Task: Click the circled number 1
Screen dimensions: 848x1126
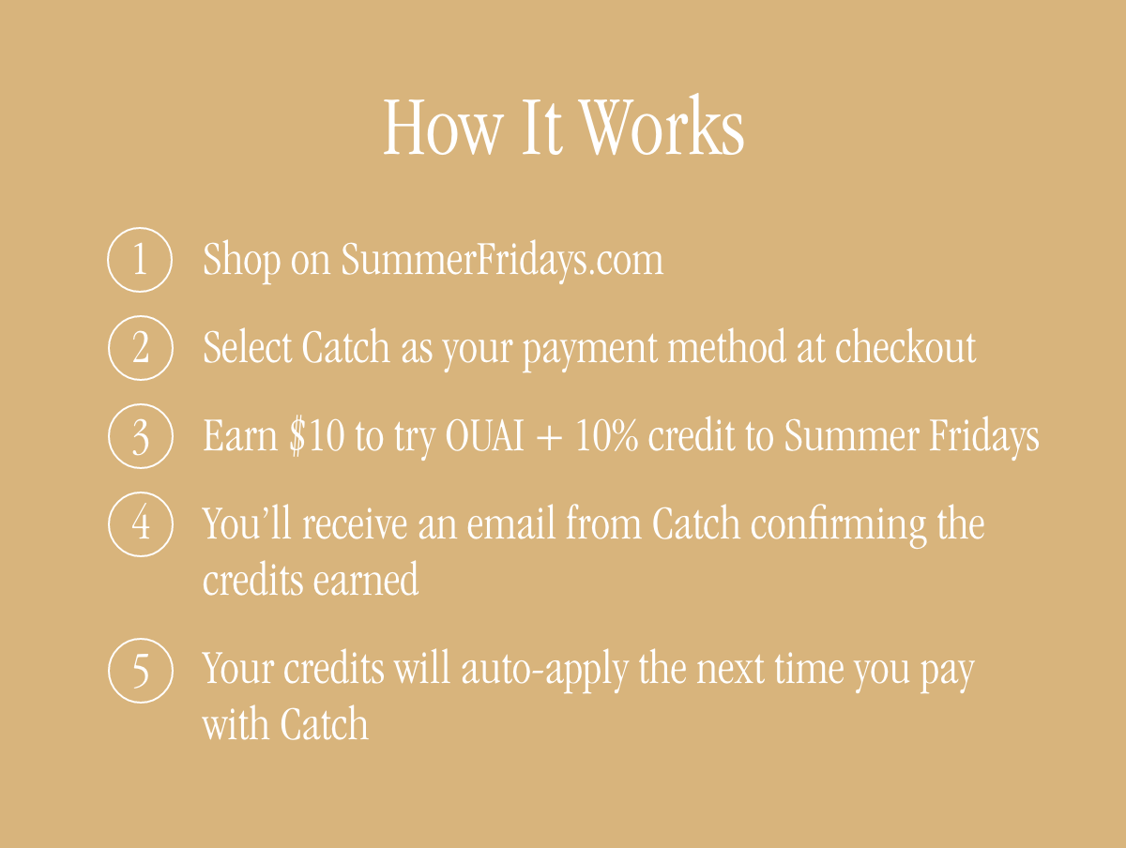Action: click(x=141, y=259)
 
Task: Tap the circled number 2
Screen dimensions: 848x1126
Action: click(x=141, y=348)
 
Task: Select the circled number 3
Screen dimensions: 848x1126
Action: click(x=141, y=436)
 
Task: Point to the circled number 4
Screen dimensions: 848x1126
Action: click(x=141, y=523)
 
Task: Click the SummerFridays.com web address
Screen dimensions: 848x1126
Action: click(x=502, y=260)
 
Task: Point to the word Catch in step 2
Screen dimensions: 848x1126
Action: click(x=345, y=348)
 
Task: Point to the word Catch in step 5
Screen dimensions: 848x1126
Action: click(x=324, y=726)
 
